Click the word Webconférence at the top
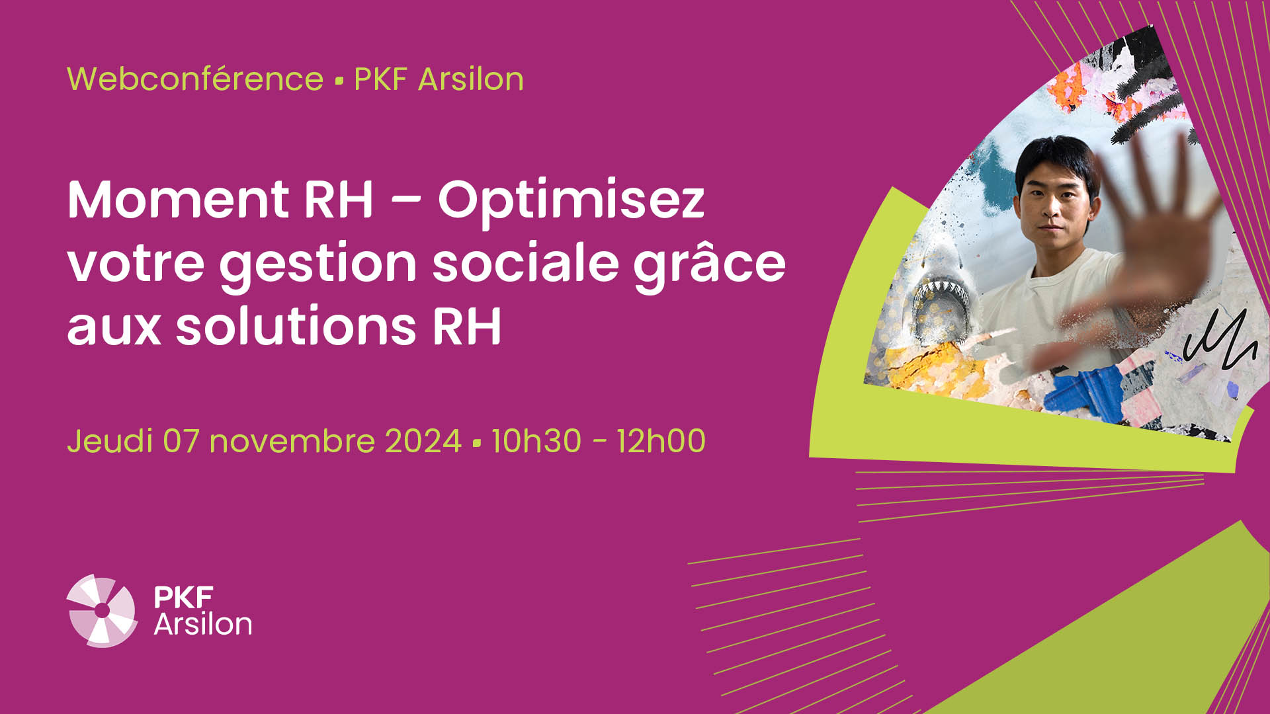[x=195, y=79]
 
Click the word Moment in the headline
[x=178, y=200]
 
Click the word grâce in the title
[x=710, y=263]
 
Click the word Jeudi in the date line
[x=110, y=441]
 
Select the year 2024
[x=423, y=441]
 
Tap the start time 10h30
[x=536, y=441]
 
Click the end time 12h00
[x=661, y=441]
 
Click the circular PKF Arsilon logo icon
[x=102, y=610]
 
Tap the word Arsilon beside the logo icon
[x=203, y=624]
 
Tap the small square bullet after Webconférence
[x=339, y=81]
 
